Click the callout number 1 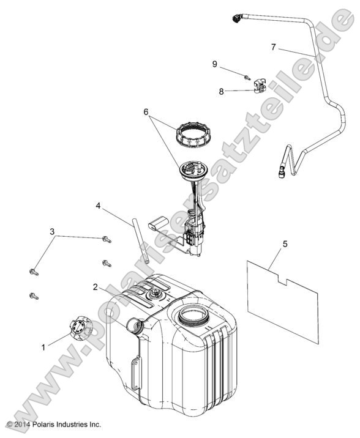coord(43,347)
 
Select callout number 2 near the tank coord(96,287)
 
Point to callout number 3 coord(52,232)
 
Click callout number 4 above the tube coord(98,206)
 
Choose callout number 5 coord(285,244)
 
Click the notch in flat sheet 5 coord(282,280)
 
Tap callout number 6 coord(146,112)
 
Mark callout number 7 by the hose coord(273,47)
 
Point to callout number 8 coord(222,91)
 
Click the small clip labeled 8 coord(260,86)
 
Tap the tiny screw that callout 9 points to coord(247,78)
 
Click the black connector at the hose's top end coord(238,18)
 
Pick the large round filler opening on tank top coord(193,315)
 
